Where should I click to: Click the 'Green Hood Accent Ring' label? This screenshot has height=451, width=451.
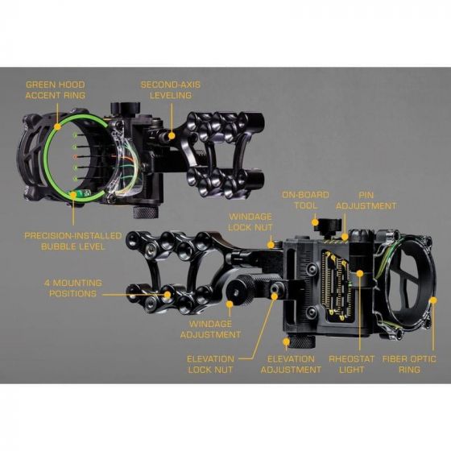[56, 90]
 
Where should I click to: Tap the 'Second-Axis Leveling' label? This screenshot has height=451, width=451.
[171, 90]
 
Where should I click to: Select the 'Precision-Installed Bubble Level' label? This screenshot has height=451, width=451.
[72, 241]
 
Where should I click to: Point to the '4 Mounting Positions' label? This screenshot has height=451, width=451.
[73, 288]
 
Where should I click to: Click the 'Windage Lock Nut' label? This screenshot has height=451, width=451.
[250, 222]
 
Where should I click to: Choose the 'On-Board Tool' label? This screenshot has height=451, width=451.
[305, 201]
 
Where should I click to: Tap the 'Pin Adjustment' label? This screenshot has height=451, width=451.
[366, 201]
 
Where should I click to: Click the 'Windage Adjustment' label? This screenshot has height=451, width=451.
[210, 329]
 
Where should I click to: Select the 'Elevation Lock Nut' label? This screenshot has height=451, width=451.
[210, 364]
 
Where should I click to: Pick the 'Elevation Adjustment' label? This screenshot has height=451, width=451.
[291, 364]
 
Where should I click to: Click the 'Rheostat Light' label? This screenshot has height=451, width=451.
[351, 364]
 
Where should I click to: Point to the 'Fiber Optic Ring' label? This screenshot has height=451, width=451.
[409, 364]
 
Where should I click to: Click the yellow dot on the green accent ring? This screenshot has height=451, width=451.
[58, 126]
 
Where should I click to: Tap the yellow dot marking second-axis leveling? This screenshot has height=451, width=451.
[172, 135]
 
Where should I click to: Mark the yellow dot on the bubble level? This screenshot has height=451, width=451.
[73, 195]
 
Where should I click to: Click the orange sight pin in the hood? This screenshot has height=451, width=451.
[76, 157]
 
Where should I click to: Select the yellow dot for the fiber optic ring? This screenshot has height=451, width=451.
[433, 300]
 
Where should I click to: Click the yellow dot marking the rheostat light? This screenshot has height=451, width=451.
[360, 273]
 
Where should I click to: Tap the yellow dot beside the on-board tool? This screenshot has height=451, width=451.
[315, 222]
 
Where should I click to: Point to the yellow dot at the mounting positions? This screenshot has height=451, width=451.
[168, 294]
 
